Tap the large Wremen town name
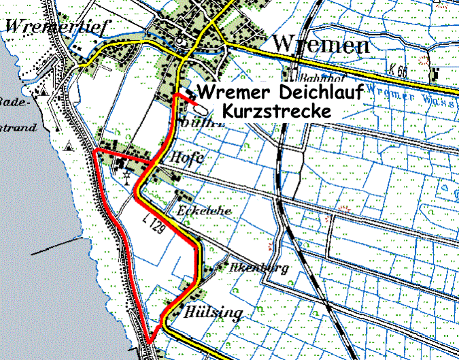pos(321,44)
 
